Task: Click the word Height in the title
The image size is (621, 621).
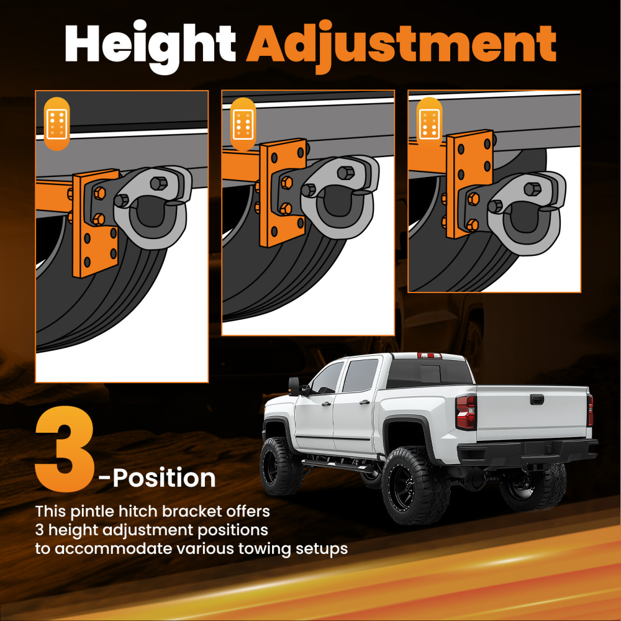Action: click(150, 47)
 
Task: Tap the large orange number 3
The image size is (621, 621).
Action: click(65, 449)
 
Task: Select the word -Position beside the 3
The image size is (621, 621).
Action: click(157, 478)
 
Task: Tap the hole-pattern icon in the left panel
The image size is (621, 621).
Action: click(57, 124)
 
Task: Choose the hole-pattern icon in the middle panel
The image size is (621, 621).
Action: click(243, 124)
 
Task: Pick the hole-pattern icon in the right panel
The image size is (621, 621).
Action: click(429, 124)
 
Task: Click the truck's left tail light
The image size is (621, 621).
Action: click(466, 412)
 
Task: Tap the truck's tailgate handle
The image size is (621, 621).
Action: click(537, 399)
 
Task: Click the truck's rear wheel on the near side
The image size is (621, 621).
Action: click(415, 486)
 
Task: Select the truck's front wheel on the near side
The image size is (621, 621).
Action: click(281, 466)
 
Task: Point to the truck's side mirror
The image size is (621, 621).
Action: click(295, 386)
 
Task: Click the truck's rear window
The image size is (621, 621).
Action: click(430, 373)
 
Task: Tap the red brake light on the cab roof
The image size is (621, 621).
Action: click(430, 355)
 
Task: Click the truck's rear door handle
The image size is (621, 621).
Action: click(365, 402)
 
